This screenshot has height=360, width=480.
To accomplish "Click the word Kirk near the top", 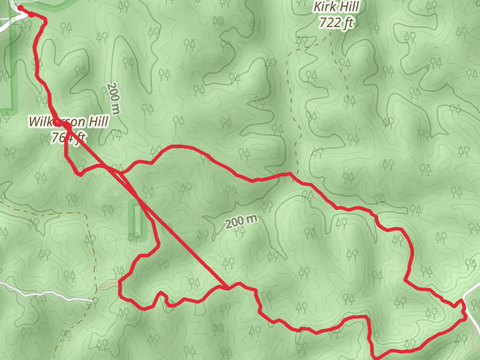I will [x=326, y=8].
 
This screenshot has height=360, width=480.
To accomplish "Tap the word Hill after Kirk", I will [x=353, y=8].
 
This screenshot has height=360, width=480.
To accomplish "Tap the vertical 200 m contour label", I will [x=113, y=98].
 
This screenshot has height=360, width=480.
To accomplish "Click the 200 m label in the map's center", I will [x=242, y=222].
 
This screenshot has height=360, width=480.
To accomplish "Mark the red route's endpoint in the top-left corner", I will [x=21, y=8].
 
